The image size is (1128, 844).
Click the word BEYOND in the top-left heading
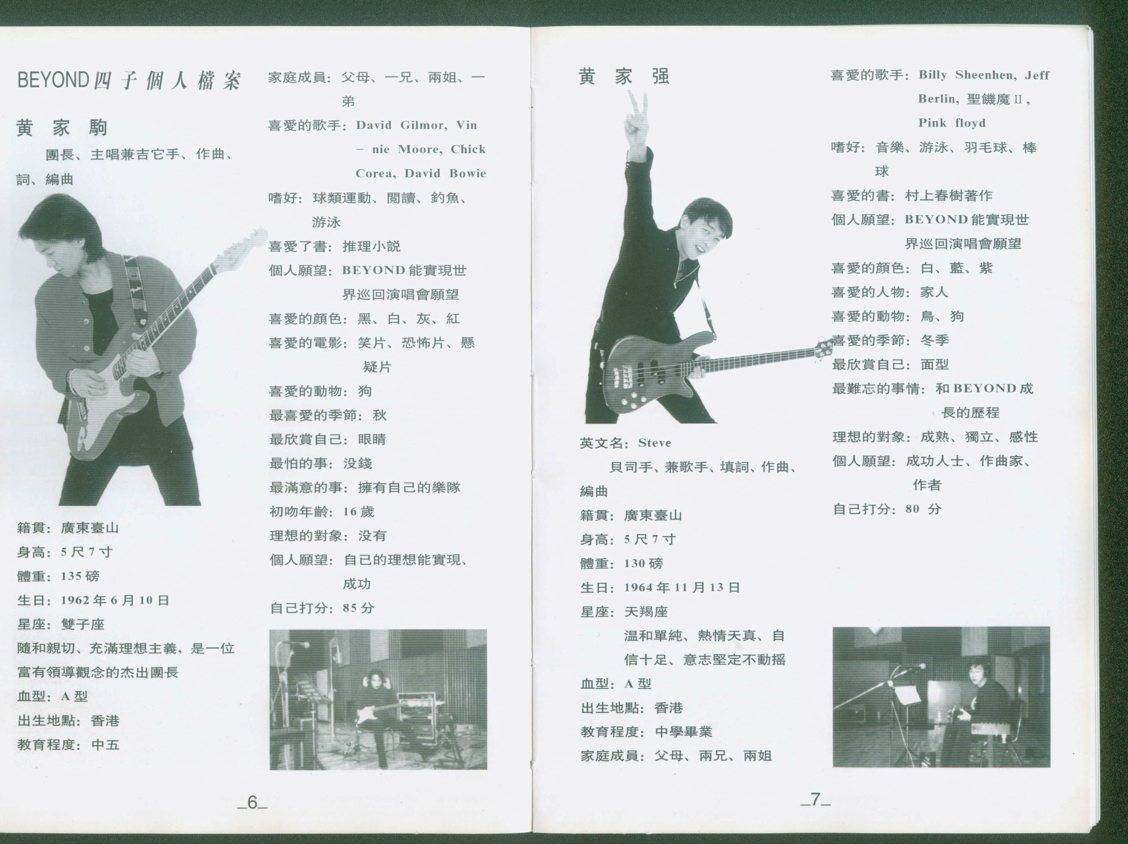tap(53, 80)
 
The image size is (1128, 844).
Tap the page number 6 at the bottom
tap(252, 802)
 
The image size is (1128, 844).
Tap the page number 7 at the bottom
tap(816, 799)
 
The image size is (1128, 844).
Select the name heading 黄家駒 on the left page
tap(61, 128)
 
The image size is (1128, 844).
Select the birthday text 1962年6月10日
tap(115, 600)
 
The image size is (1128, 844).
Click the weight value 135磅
tap(80, 576)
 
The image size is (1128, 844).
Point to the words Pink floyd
tap(952, 123)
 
